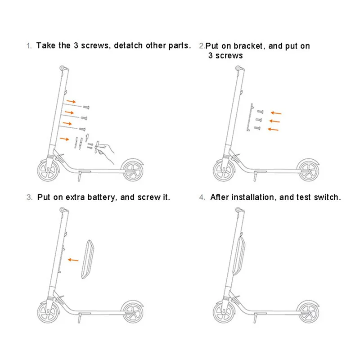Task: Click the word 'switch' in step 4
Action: (x=328, y=197)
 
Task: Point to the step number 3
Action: (x=29, y=197)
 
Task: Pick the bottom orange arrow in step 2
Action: (x=272, y=130)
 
